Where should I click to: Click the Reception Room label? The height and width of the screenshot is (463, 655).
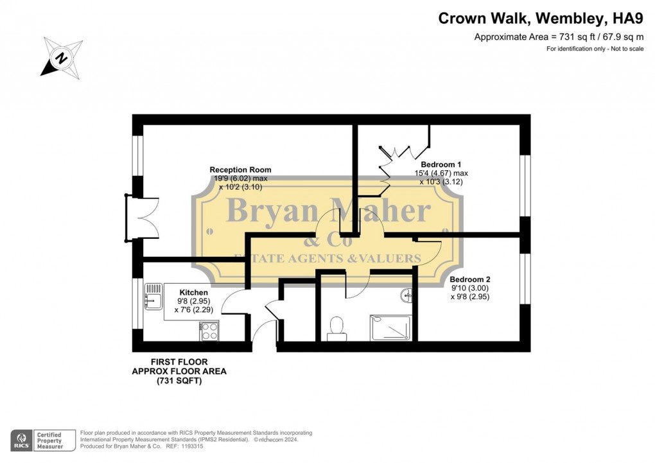pyautogui.click(x=240, y=170)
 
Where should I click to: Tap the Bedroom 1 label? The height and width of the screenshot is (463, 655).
pyautogui.click(x=441, y=164)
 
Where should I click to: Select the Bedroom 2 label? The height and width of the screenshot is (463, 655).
pyautogui.click(x=470, y=279)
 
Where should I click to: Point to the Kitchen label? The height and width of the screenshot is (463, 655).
pyautogui.click(x=193, y=293)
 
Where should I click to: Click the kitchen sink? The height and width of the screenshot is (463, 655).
pyautogui.click(x=153, y=296)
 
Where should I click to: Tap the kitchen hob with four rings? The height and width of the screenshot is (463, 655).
pyautogui.click(x=209, y=331)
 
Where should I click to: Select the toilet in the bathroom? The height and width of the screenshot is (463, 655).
pyautogui.click(x=336, y=329)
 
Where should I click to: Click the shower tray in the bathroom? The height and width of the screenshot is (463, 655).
pyautogui.click(x=390, y=328)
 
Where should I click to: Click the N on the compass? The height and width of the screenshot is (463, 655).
pyautogui.click(x=62, y=57)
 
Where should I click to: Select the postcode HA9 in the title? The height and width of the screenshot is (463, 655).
pyautogui.click(x=628, y=19)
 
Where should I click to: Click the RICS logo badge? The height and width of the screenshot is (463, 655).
pyautogui.click(x=22, y=441)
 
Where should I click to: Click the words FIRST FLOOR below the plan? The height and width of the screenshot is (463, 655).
pyautogui.click(x=179, y=362)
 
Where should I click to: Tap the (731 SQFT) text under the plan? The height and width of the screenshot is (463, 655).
pyautogui.click(x=179, y=381)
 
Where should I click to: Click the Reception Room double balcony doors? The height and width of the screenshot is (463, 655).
pyautogui.click(x=141, y=218)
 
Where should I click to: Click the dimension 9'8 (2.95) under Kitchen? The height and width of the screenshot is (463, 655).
pyautogui.click(x=193, y=301)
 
